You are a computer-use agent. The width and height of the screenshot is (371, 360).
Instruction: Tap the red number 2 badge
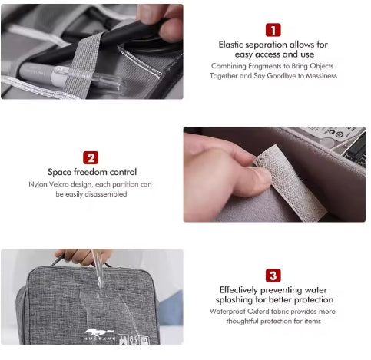coord(91,158)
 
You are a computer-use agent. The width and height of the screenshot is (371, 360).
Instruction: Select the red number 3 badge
coord(273,276)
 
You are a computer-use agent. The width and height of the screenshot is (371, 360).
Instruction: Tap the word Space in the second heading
coord(60,172)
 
